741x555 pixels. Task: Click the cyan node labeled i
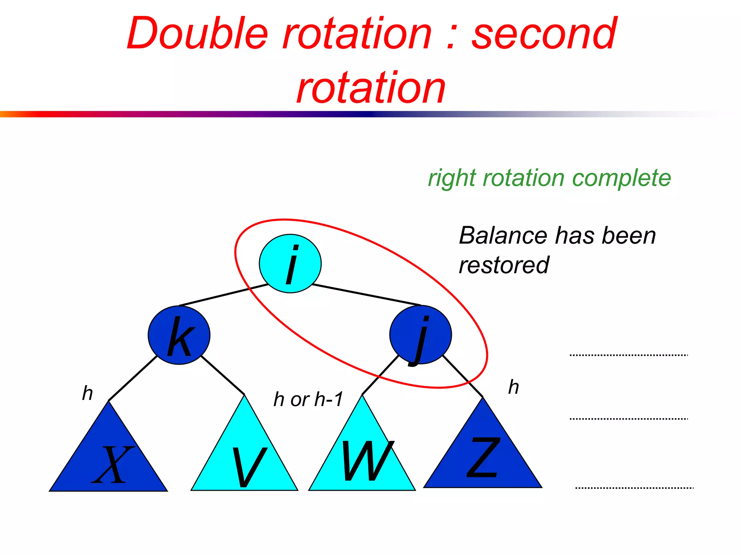pyautogui.click(x=290, y=263)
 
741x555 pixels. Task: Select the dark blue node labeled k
pyautogui.click(x=179, y=335)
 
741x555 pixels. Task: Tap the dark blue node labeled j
pyautogui.click(x=420, y=335)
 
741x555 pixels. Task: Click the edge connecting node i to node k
pyautogui.click(x=224, y=295)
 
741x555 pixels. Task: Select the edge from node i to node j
pyautogui.click(x=366, y=295)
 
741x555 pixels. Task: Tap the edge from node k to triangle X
pyautogui.click(x=133, y=378)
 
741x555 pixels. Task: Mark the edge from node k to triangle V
pyautogui.click(x=223, y=375)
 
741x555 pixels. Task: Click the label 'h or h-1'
pyautogui.click(x=308, y=399)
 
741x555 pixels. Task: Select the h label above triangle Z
pyautogui.click(x=513, y=387)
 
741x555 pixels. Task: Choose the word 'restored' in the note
pyautogui.click(x=504, y=265)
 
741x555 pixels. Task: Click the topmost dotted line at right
pyautogui.click(x=628, y=355)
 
